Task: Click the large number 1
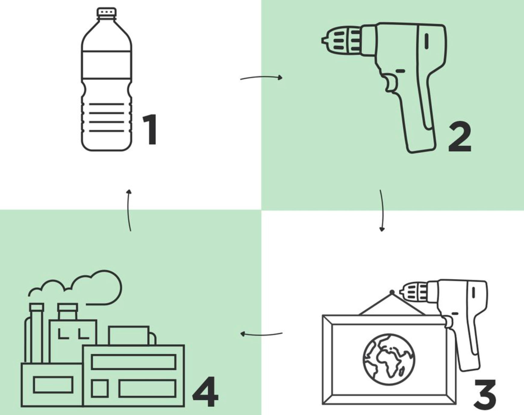point(150,130)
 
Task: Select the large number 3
point(485,394)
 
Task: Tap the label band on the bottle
point(107,65)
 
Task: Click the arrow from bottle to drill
point(261,78)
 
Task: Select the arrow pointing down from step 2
point(382,211)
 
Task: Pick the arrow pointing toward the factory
point(261,334)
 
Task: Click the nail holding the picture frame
point(392,292)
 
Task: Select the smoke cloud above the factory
point(75,287)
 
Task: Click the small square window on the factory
point(100,389)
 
